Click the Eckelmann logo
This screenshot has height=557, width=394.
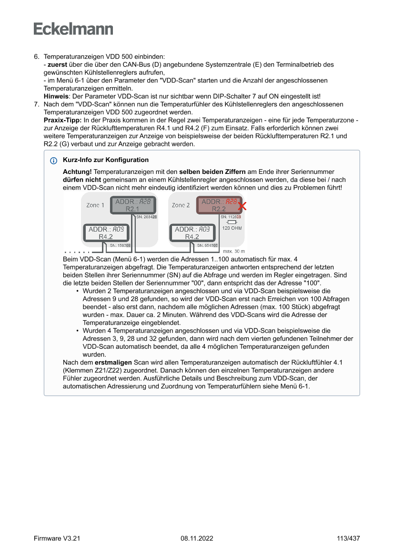tap(73, 29)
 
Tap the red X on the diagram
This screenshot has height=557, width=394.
tap(242, 206)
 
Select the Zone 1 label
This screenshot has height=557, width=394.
tap(95, 205)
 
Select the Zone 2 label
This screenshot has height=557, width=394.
tap(181, 205)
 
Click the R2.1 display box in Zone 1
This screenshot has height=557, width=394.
tap(133, 205)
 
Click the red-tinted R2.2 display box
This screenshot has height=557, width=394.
tap(219, 205)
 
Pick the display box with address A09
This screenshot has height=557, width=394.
tap(106, 233)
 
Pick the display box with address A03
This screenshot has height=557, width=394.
tap(192, 233)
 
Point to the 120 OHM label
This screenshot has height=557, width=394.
tap(232, 228)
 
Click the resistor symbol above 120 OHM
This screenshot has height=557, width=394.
tap(232, 222)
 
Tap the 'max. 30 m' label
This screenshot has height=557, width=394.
tap(234, 251)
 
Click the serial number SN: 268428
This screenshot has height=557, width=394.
tap(147, 217)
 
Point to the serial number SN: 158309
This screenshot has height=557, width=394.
tap(120, 245)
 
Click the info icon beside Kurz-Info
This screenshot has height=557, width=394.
tap(53, 161)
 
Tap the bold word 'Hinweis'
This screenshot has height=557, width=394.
tap(55, 96)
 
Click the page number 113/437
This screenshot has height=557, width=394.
tap(348, 538)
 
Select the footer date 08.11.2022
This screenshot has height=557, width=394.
tap(197, 538)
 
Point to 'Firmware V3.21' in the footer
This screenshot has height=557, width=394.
tap(57, 538)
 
